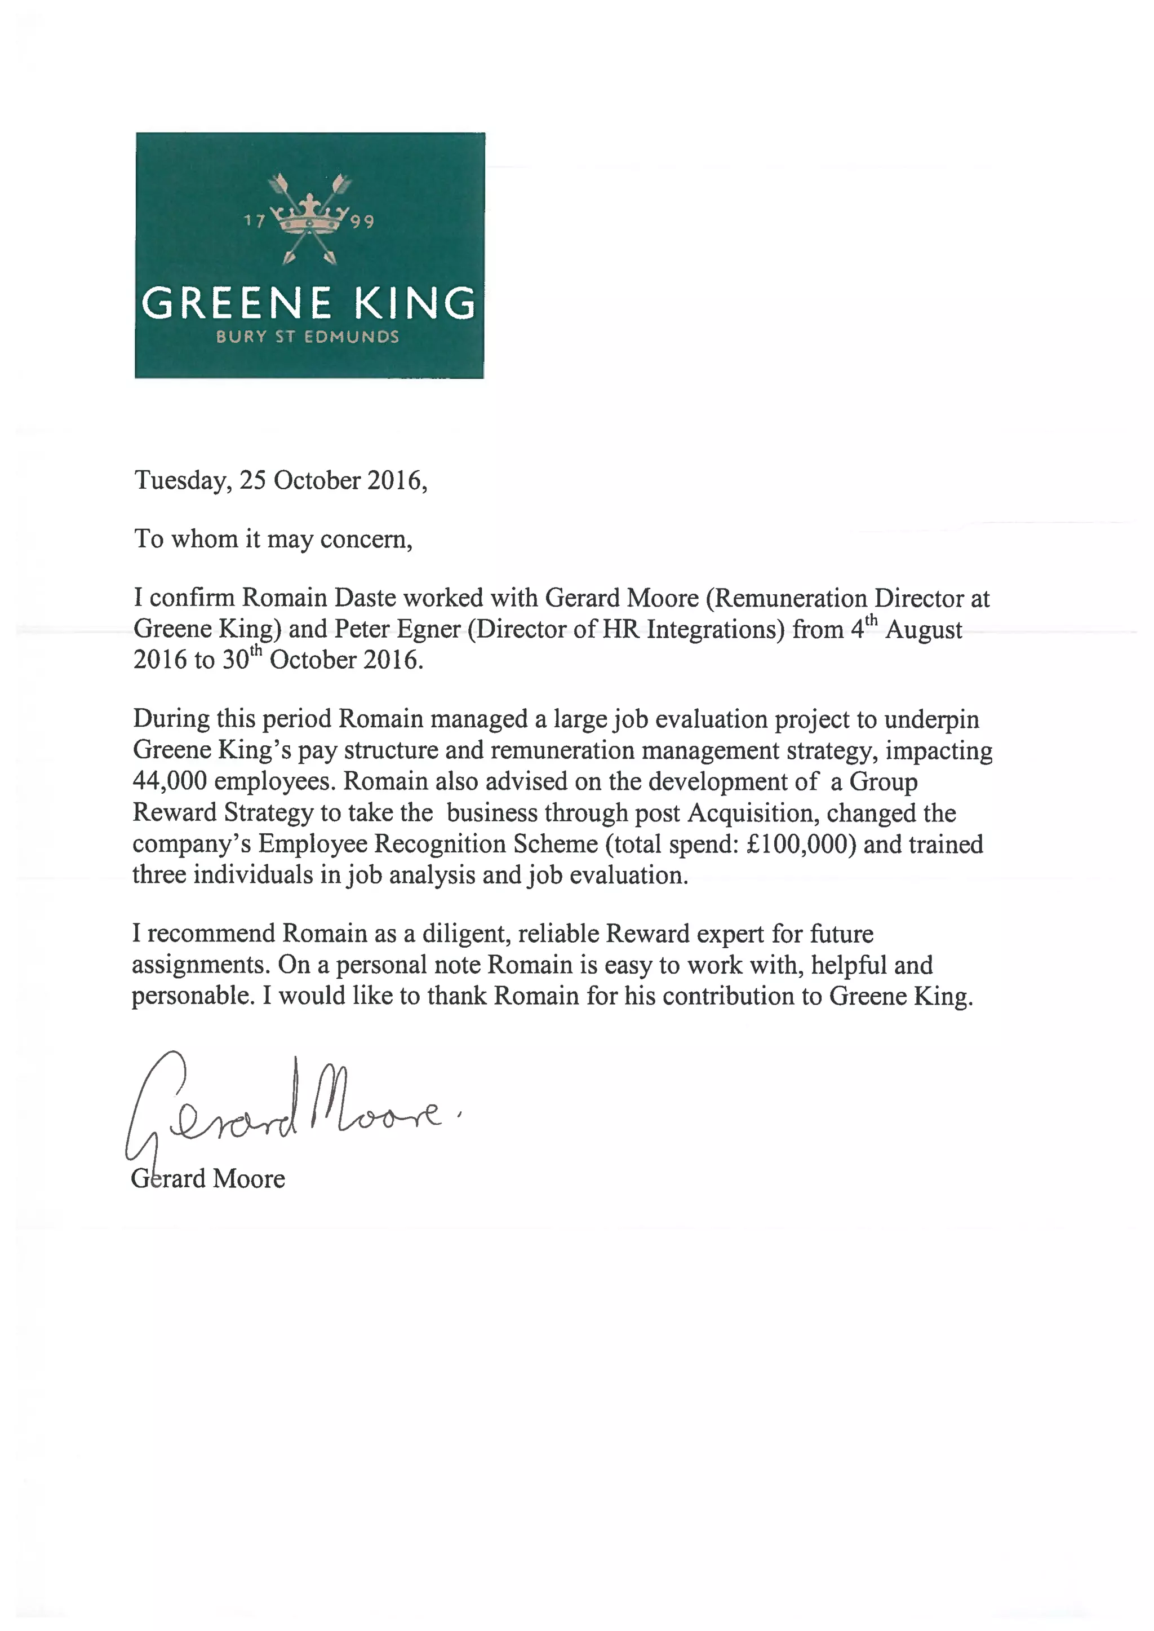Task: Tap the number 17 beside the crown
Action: click(x=254, y=221)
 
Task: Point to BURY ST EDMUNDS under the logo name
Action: click(x=308, y=337)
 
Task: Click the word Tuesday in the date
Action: click(x=181, y=481)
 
